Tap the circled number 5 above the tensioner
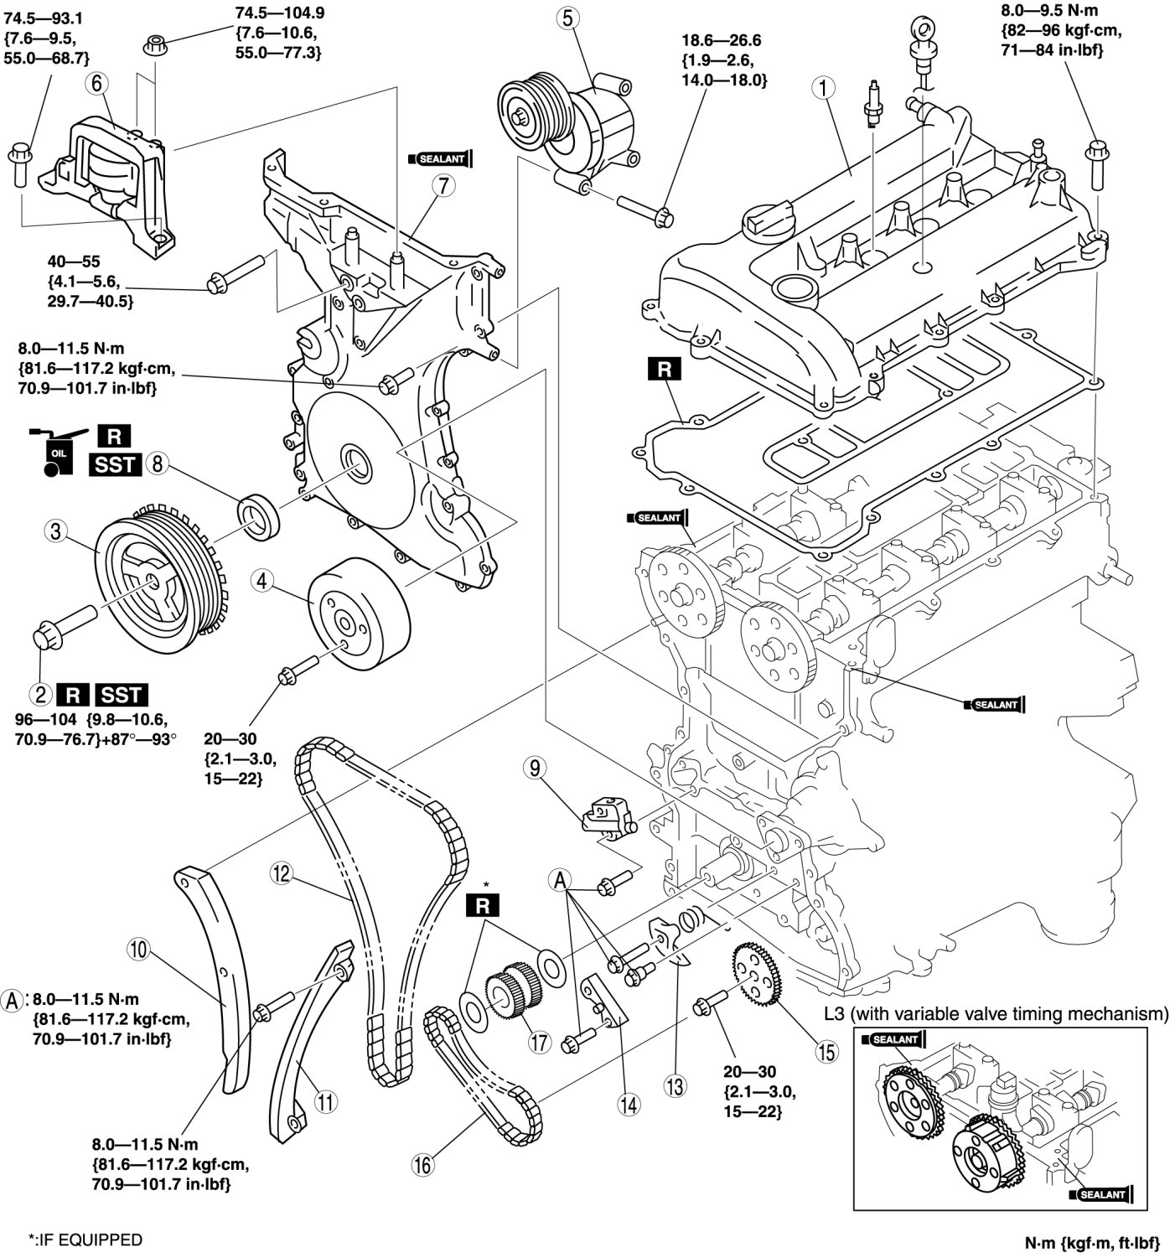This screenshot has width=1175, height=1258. [568, 18]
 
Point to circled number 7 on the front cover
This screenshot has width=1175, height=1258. [443, 186]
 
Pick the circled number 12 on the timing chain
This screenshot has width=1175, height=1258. [280, 874]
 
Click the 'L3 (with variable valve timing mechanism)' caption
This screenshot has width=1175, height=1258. [996, 1014]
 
